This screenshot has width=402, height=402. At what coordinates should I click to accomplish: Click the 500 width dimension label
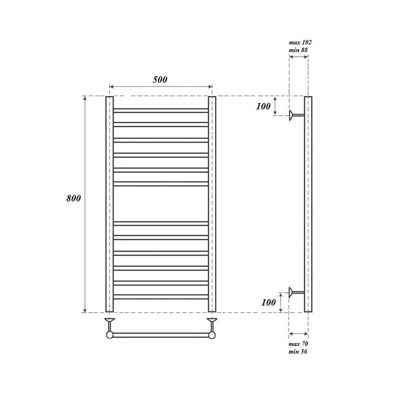tap(160, 80)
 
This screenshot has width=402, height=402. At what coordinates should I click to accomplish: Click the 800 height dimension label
tap(74, 198)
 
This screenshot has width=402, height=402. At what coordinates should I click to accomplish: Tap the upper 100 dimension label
tap(263, 106)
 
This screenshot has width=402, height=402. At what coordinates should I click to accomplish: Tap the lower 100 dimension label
tap(269, 303)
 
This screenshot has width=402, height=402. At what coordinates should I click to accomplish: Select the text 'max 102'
tap(300, 42)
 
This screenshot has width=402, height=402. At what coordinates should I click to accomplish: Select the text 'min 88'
tap(298, 50)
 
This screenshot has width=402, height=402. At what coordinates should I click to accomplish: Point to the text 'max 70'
tap(298, 344)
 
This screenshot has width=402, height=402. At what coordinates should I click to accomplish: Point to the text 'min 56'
tap(297, 351)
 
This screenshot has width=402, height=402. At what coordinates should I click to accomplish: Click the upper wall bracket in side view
tap(297, 115)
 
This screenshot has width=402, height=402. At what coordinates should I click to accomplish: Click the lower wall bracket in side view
tap(296, 292)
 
